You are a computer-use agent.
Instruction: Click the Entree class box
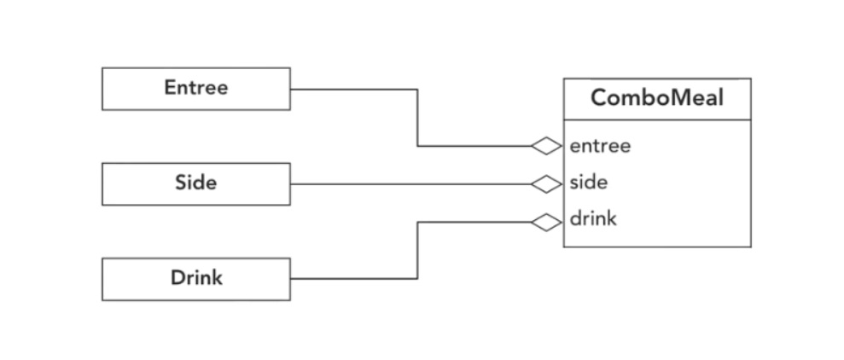point(195,89)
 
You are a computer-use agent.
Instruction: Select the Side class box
point(195,183)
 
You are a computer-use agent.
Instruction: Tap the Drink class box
point(195,279)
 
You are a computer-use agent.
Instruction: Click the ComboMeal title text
point(656,98)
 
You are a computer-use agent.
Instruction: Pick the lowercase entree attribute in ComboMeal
point(600,146)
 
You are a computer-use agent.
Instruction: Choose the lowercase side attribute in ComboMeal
point(589,183)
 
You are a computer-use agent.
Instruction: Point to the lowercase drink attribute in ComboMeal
point(593,219)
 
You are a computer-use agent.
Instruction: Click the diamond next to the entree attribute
point(546,147)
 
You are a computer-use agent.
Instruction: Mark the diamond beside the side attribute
point(546,183)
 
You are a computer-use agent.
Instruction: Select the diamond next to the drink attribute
point(546,222)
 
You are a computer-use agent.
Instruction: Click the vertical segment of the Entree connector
point(417,118)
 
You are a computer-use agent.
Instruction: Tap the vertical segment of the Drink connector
point(417,250)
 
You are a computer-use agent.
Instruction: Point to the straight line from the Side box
point(410,183)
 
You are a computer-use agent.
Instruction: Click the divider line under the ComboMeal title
point(656,120)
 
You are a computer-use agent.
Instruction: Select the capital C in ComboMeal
point(598,98)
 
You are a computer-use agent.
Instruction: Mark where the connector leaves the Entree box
point(292,89)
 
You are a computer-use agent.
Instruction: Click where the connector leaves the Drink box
point(292,279)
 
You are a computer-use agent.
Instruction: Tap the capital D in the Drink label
point(176,279)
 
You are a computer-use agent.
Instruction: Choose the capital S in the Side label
point(181,183)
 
